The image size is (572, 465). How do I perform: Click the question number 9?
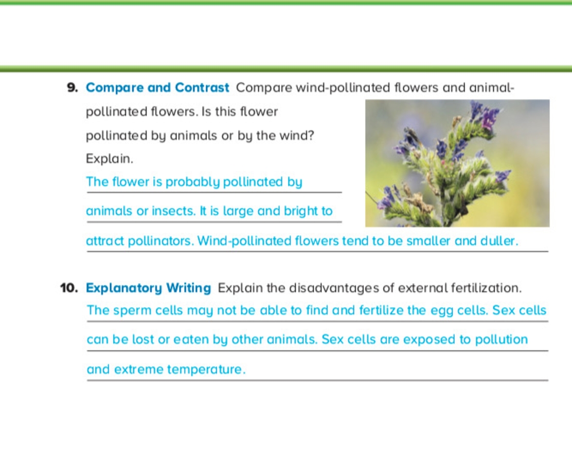(72, 88)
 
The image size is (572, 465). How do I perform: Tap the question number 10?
(69, 288)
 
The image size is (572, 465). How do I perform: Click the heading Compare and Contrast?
(157, 88)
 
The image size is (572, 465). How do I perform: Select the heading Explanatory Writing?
(149, 288)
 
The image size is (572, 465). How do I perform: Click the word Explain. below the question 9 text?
(110, 159)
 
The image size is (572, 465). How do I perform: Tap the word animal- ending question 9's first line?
(492, 88)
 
